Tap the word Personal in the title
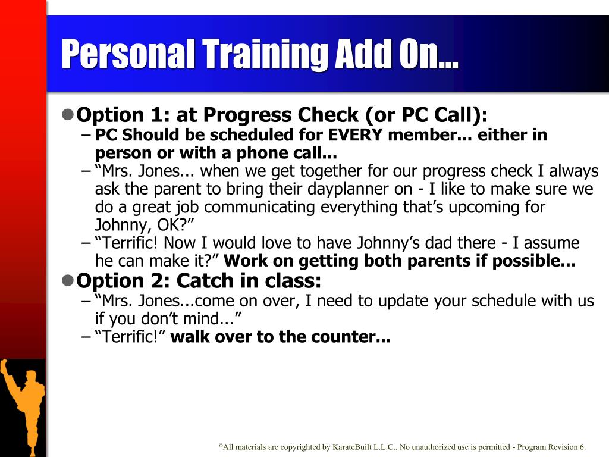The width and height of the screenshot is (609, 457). (128, 54)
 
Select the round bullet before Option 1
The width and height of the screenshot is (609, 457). (68, 114)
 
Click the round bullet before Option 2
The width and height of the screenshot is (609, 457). (68, 280)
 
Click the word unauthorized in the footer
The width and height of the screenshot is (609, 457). (434, 447)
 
